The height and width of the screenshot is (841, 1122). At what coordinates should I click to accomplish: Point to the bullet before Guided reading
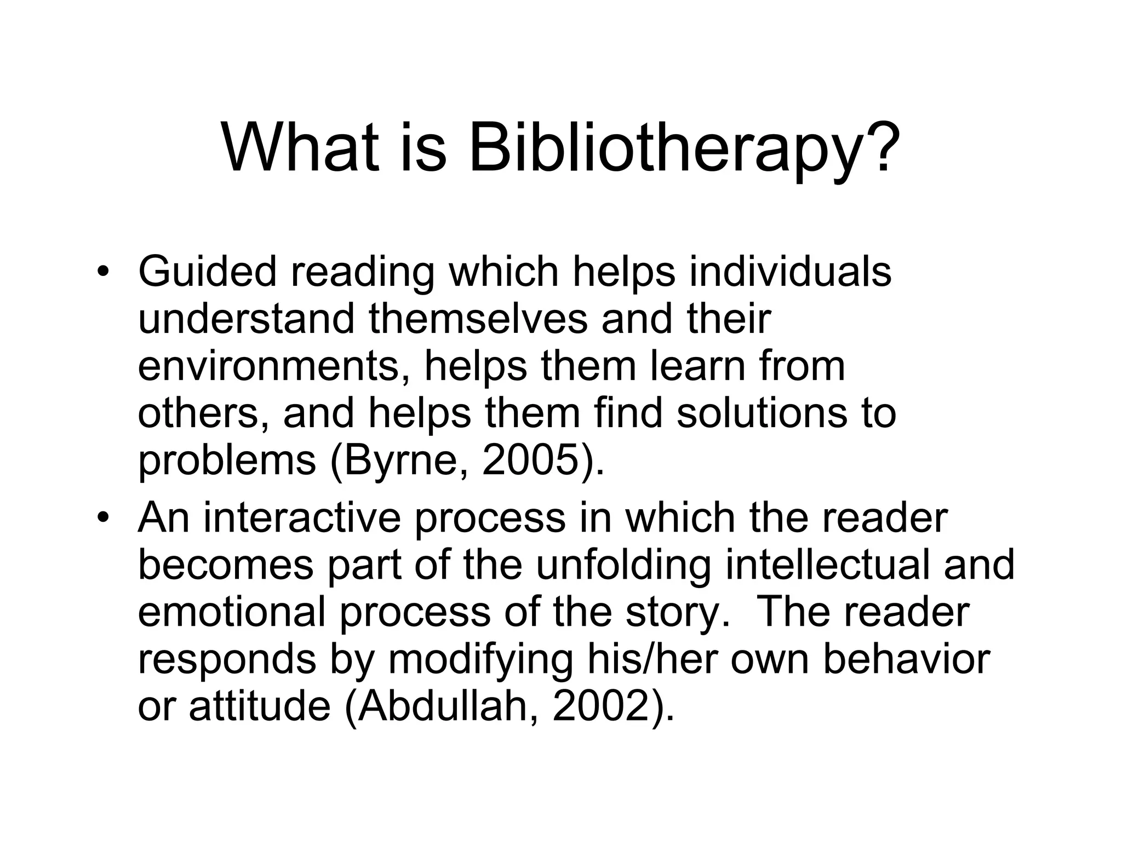tap(102, 272)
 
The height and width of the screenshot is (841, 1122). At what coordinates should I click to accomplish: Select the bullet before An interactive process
tap(102, 517)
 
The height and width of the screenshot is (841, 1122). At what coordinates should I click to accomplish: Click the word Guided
tap(208, 272)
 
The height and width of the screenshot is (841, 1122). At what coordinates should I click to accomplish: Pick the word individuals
tap(790, 272)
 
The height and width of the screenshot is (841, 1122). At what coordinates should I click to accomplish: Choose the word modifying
tap(480, 660)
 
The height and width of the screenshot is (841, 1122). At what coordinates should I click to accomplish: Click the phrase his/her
tap(652, 660)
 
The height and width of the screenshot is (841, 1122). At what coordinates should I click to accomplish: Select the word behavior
tap(907, 660)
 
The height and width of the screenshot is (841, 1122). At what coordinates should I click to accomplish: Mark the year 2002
tap(600, 707)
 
